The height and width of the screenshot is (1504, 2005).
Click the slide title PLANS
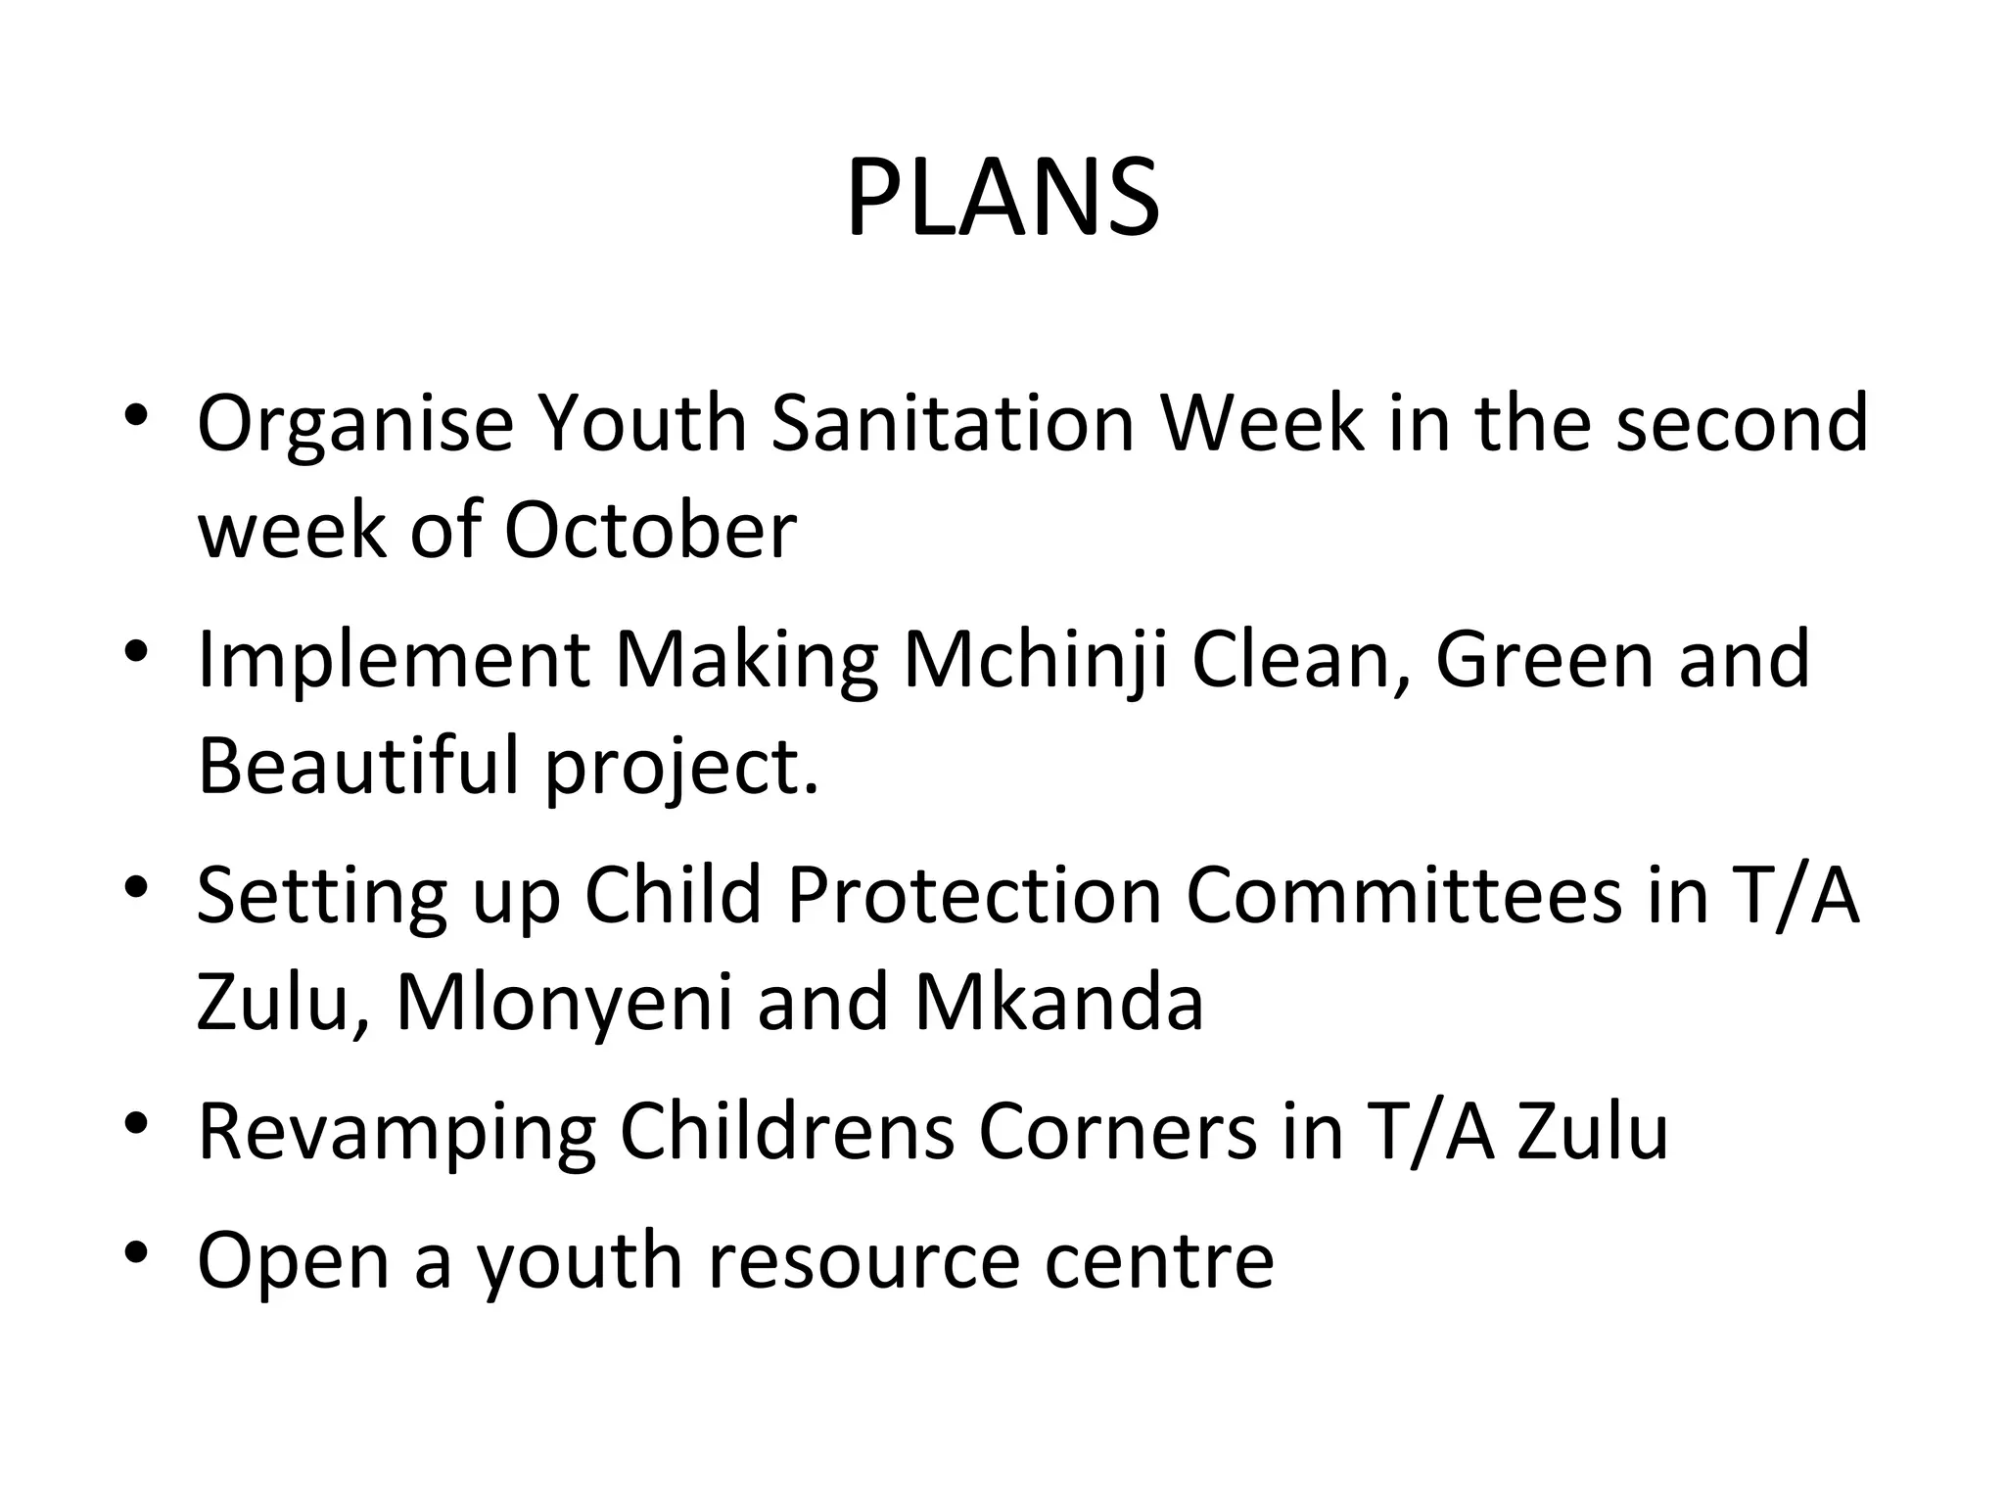(1002, 200)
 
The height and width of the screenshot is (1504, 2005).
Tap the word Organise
(355, 424)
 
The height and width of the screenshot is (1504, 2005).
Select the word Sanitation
(953, 424)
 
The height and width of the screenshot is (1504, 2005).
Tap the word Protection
(974, 895)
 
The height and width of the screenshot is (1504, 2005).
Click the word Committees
(1403, 895)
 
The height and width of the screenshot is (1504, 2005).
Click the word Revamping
(396, 1132)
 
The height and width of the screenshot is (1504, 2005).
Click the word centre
(1159, 1261)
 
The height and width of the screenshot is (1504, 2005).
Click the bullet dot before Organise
(136, 414)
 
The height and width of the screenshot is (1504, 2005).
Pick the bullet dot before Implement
(136, 650)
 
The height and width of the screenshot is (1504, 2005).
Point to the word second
(1742, 424)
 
